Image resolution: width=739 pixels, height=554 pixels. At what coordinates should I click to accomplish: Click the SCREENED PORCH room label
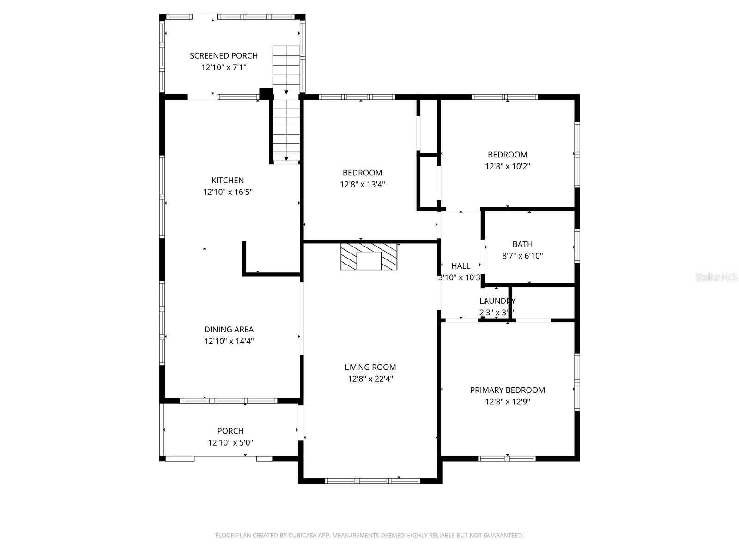click(x=224, y=55)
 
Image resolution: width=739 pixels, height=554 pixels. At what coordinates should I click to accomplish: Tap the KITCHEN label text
click(x=228, y=180)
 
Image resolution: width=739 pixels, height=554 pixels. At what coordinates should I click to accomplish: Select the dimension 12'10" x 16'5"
click(x=228, y=192)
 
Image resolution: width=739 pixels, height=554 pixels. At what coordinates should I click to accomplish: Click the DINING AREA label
click(x=229, y=330)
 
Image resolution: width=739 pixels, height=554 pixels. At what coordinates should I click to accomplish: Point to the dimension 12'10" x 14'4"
click(x=229, y=342)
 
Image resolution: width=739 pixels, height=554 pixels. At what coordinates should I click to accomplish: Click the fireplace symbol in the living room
click(x=369, y=257)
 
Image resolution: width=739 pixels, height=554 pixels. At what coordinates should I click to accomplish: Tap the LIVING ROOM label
click(x=370, y=367)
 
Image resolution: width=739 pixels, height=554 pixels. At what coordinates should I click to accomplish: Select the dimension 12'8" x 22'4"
click(x=370, y=379)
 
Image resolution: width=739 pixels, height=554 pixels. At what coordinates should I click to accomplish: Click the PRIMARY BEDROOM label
click(x=507, y=390)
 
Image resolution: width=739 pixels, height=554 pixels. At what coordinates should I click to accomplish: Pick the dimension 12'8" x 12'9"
click(x=507, y=402)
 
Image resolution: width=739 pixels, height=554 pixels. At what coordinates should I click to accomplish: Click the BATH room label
click(x=522, y=244)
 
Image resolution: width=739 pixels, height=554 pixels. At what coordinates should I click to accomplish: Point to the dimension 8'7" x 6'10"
click(x=522, y=256)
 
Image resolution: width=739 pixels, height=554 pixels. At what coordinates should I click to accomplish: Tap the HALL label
click(x=460, y=266)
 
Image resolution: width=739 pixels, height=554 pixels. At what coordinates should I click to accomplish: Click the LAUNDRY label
click(x=497, y=301)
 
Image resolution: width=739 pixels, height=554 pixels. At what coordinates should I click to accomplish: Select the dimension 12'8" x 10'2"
click(x=507, y=167)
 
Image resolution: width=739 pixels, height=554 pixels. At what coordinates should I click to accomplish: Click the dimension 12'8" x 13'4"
click(x=362, y=185)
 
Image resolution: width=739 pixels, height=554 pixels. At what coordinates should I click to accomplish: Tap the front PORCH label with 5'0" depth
click(x=230, y=431)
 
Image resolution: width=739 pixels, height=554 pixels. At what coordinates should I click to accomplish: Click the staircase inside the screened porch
click(x=286, y=69)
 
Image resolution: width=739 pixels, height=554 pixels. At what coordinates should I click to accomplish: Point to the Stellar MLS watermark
click(x=715, y=277)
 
